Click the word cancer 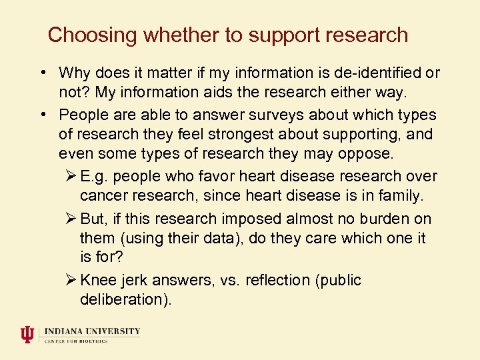click(102, 196)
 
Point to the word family click(400, 196)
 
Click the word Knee click(97, 280)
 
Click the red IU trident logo click(27, 334)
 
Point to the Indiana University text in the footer click(93, 331)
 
